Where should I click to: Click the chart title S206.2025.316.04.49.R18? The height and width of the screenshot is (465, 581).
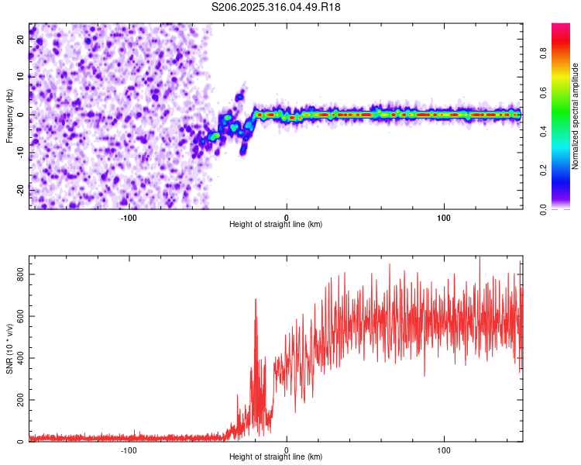[276, 7]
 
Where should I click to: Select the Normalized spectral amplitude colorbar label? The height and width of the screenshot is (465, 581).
[575, 116]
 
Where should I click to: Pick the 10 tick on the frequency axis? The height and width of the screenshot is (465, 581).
[21, 77]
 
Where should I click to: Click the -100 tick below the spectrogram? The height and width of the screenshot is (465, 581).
[129, 217]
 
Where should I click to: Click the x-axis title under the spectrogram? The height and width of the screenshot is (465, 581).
[276, 224]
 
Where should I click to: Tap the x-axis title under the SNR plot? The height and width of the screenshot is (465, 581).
[276, 457]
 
